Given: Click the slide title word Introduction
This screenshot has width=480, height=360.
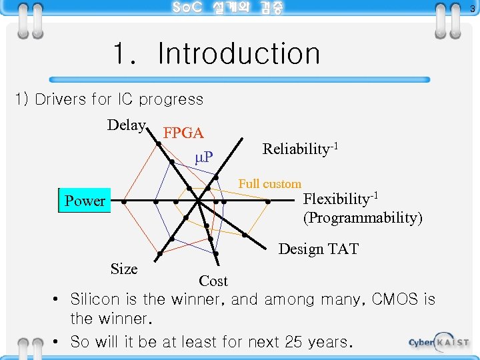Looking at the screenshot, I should point(239,54).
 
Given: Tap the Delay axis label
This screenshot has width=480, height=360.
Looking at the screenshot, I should point(127,125).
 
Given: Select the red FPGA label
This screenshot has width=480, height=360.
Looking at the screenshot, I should point(183,133).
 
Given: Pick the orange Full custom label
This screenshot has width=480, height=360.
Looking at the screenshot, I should point(270,184).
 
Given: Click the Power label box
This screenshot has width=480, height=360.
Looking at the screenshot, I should point(85,201).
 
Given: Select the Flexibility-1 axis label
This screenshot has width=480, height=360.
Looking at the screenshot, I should point(341,199).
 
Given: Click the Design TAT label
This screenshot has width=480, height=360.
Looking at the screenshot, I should point(319,249).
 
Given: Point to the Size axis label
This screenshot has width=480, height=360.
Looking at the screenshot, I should point(124,269).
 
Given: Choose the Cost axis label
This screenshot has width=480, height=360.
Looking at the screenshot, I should point(213,281).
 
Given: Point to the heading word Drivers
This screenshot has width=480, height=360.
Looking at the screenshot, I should point(60,99).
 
